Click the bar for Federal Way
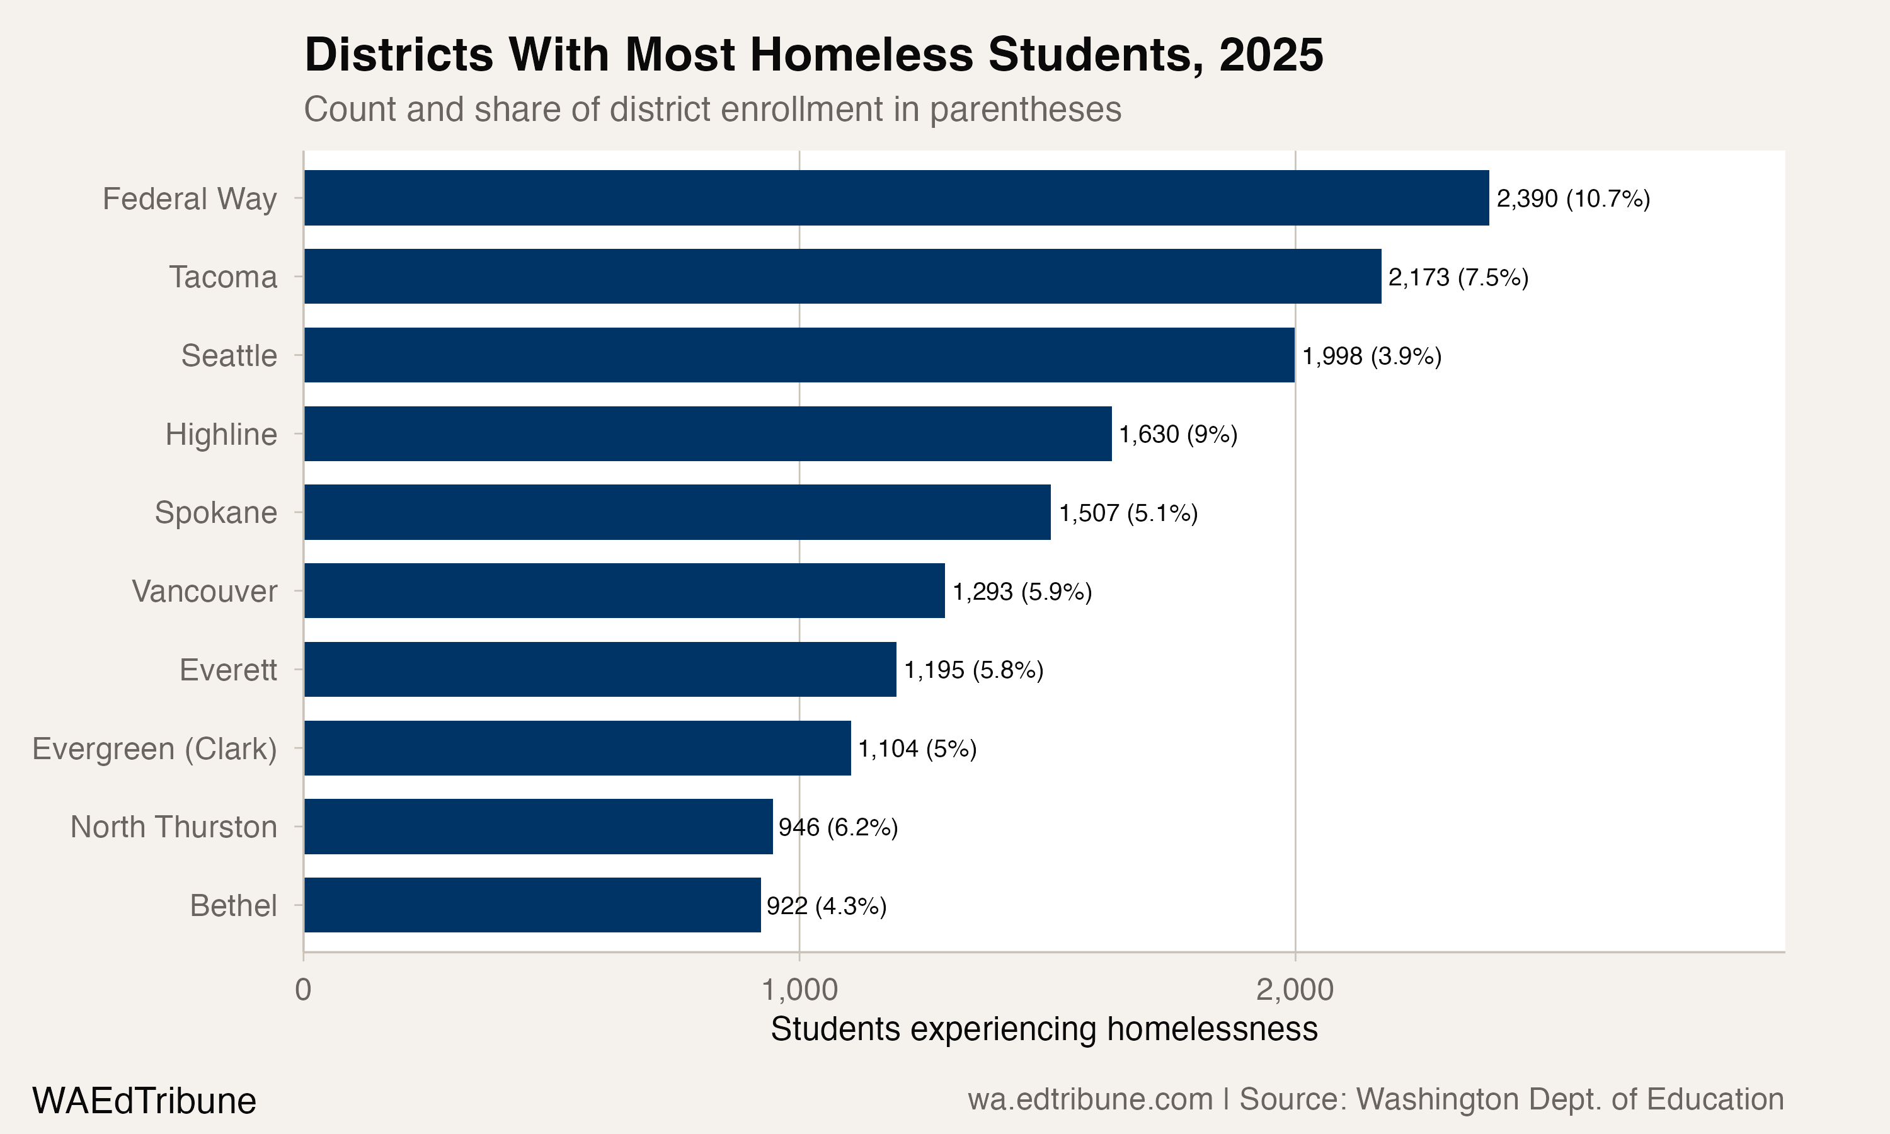tap(895, 198)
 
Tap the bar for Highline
tap(707, 433)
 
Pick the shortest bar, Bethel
tap(532, 905)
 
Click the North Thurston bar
tap(538, 826)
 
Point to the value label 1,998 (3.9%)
tap(1372, 356)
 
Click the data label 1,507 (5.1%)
tap(1128, 513)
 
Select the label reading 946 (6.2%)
tap(838, 827)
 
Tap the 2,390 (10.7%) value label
tap(1573, 198)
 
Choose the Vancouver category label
tap(204, 592)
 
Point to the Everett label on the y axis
tap(227, 670)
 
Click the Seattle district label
tap(229, 356)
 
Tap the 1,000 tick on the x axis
tap(799, 990)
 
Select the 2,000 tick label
tap(1295, 990)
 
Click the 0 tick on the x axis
tap(303, 990)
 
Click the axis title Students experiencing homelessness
tap(1043, 1029)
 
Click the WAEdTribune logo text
tap(144, 1101)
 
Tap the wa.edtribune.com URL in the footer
tap(1089, 1099)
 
